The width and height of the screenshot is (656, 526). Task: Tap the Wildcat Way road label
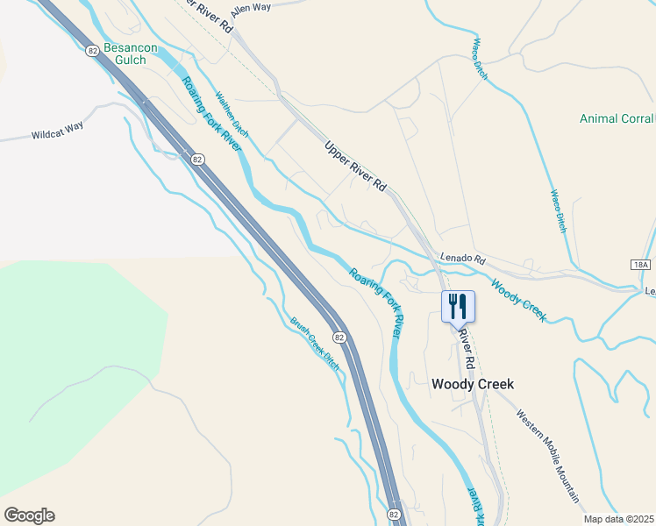pyautogui.click(x=57, y=131)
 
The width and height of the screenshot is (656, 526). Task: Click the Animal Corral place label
pyautogui.click(x=617, y=119)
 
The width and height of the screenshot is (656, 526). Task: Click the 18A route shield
pyautogui.click(x=641, y=264)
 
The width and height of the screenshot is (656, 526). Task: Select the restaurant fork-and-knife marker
pyautogui.click(x=458, y=307)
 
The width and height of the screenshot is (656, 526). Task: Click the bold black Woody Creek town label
pyautogui.click(x=472, y=384)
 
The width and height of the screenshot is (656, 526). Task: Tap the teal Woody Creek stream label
pyautogui.click(x=517, y=300)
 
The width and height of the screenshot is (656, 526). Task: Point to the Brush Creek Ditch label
pyautogui.click(x=315, y=341)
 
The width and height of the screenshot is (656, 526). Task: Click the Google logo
pyautogui.click(x=29, y=515)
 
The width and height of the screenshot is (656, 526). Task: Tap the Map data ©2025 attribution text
pyautogui.click(x=618, y=519)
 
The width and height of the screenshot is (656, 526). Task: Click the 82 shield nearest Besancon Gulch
pyautogui.click(x=93, y=51)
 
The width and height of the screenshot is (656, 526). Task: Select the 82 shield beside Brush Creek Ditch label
pyautogui.click(x=339, y=337)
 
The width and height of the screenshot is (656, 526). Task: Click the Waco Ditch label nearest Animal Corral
pyautogui.click(x=558, y=211)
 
